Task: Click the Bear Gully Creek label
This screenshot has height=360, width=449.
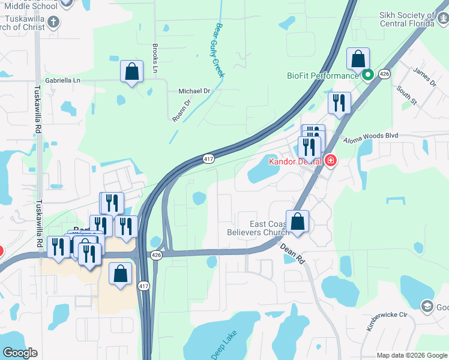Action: coord(219,50)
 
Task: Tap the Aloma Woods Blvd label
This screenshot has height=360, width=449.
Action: coord(370,137)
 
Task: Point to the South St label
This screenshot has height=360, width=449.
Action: coord(406,95)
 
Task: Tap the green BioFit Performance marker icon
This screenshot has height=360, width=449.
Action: coord(367,75)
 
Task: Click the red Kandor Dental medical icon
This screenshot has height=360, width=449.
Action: coord(330,161)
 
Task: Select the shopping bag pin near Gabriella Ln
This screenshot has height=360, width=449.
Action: coord(131,71)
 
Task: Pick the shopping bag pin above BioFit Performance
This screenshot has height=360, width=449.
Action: coord(358,59)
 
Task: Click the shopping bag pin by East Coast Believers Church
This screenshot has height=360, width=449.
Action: coord(297,221)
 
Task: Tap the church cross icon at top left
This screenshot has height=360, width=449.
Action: coord(53,23)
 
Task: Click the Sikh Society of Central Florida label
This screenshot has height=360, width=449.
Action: coord(406,19)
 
